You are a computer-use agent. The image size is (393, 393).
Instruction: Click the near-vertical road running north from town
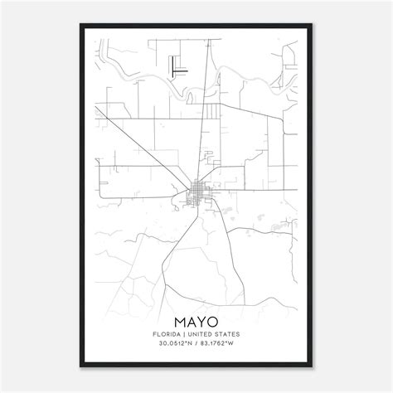tap(202, 124)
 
